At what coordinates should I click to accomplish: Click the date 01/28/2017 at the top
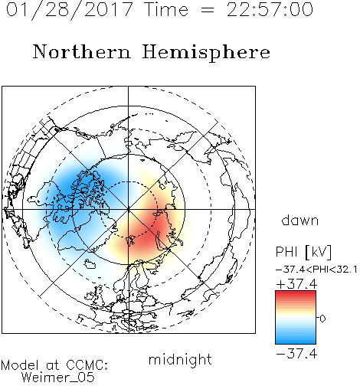[x=69, y=10]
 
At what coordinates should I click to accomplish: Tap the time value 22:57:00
[x=270, y=10]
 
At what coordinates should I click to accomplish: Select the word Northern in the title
[x=82, y=52]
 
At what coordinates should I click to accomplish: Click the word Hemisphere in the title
[x=206, y=53]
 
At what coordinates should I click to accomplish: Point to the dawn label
[x=300, y=220]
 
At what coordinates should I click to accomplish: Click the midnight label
[x=180, y=360]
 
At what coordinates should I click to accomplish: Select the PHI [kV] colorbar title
[x=303, y=252]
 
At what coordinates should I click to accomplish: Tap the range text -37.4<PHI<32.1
[x=316, y=270]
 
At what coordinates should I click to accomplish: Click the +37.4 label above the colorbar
[x=296, y=284]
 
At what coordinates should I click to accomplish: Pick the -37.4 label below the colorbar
[x=296, y=354]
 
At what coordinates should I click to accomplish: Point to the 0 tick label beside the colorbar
[x=322, y=319]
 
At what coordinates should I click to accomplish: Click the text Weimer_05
[x=58, y=378]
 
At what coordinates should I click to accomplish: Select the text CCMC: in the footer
[x=87, y=365]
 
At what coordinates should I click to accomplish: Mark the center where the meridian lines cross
[x=129, y=209]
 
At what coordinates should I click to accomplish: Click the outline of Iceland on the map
[x=90, y=264]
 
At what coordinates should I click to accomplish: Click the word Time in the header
[x=166, y=10]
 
